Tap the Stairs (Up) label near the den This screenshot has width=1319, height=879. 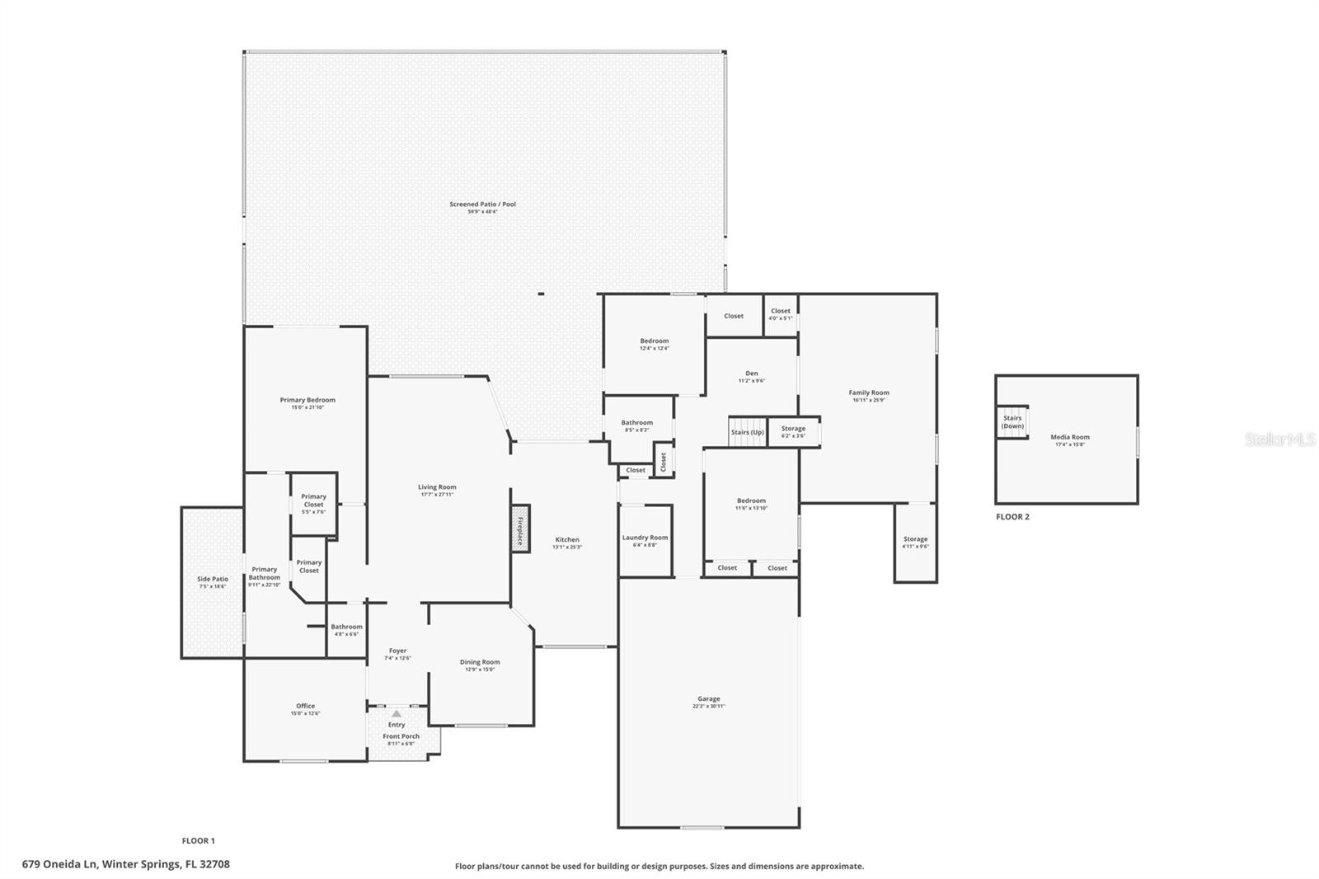pyautogui.click(x=747, y=432)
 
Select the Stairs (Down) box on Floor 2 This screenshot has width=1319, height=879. pyautogui.click(x=1012, y=422)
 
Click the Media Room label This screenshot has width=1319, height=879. pyautogui.click(x=1069, y=437)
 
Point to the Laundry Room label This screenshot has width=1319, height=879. pyautogui.click(x=645, y=538)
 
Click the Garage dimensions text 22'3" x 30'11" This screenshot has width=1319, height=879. pyautogui.click(x=708, y=707)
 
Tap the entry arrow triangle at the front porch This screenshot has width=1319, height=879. pyautogui.click(x=396, y=714)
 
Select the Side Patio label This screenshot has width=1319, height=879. pyautogui.click(x=212, y=579)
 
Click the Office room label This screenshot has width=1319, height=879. pyautogui.click(x=305, y=706)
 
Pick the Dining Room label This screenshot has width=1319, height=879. pyautogui.click(x=480, y=662)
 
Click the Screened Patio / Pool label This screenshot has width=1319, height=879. pyautogui.click(x=482, y=204)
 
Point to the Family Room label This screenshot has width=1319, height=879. pyautogui.click(x=869, y=392)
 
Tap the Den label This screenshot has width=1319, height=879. pyautogui.click(x=751, y=374)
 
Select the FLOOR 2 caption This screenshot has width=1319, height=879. pyautogui.click(x=1012, y=517)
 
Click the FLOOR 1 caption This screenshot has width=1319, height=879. pyautogui.click(x=198, y=841)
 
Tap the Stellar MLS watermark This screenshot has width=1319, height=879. pyautogui.click(x=1279, y=440)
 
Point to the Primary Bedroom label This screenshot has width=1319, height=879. pyautogui.click(x=307, y=400)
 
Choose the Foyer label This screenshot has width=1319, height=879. pyautogui.click(x=397, y=651)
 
